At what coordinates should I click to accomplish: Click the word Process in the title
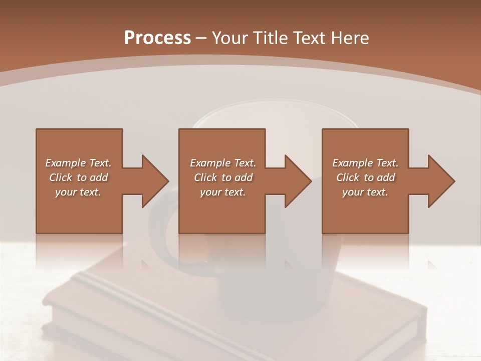point(157,38)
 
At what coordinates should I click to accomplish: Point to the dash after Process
point(201,38)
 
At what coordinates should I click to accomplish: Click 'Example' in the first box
point(65,163)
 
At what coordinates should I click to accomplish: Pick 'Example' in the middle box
point(210,163)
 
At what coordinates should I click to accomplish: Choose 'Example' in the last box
point(352,163)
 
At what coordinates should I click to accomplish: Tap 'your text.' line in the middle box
point(222,192)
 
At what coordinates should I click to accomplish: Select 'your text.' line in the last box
point(365,192)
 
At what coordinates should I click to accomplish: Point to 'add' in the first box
point(99,177)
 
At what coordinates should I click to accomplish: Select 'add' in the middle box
point(244,177)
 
